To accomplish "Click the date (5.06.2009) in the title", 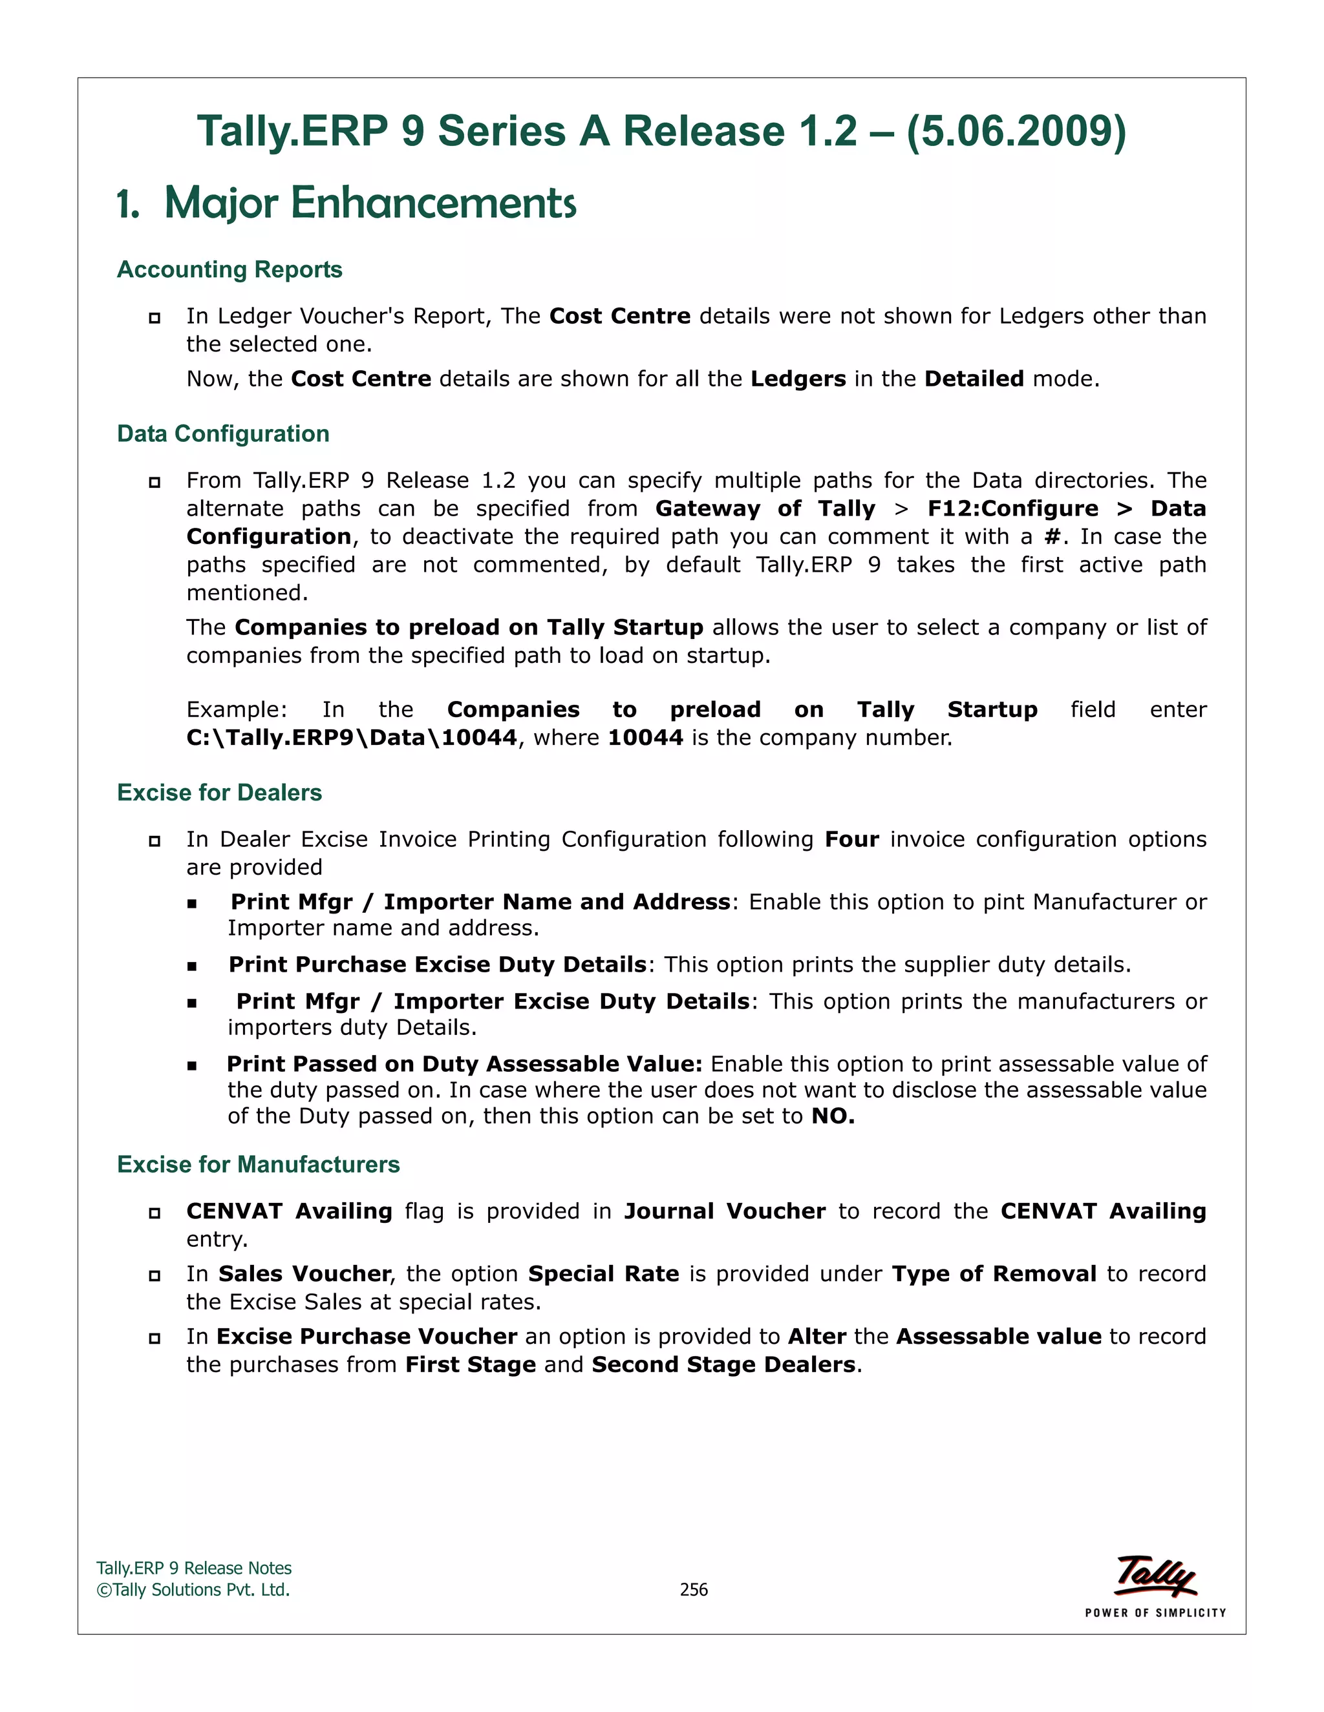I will pos(1016,131).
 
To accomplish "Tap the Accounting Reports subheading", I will pos(229,269).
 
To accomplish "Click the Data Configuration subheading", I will pos(223,433).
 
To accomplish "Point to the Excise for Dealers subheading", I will pos(219,793).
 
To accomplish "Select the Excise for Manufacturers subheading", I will pos(258,1164).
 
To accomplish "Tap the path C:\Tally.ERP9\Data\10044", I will pos(352,738).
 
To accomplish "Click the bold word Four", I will pos(851,840).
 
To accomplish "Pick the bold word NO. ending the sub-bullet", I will pos(832,1116).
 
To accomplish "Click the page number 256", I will pos(694,1590).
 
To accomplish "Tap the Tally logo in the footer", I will pos(1155,1576).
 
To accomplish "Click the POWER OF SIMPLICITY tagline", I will pos(1155,1613).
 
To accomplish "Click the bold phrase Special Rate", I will pos(603,1274).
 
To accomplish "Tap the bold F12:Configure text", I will pos(1012,508).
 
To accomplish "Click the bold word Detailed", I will pos(974,379).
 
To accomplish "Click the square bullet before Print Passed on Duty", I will pos(191,1065).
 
